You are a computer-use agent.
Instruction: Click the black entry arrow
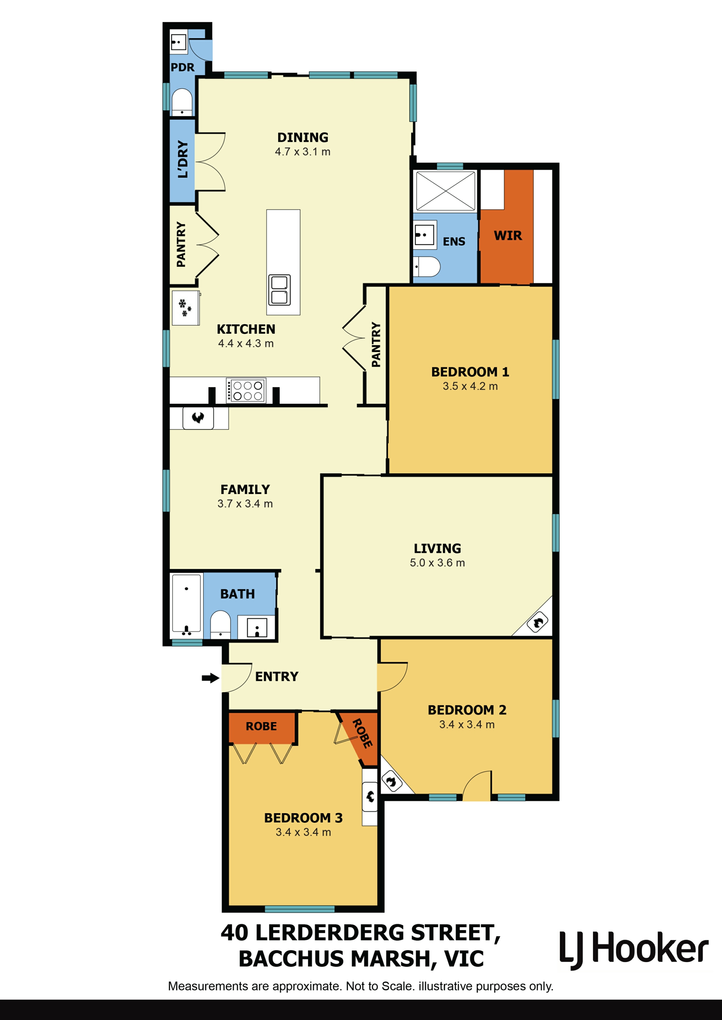coord(210,678)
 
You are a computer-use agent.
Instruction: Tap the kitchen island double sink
coord(279,290)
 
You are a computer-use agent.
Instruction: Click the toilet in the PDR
coord(182,102)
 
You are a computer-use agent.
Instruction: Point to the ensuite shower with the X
coord(446,191)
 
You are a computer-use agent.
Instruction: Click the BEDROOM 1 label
coord(470,372)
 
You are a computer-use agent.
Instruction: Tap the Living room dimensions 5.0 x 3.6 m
coord(437,563)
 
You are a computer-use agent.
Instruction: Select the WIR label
coord(508,236)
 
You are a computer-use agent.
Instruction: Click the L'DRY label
coord(183,159)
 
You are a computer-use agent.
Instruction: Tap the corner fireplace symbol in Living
coord(537,623)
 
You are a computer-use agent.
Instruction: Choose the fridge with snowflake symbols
coord(185,308)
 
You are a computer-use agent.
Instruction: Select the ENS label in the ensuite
coord(454,242)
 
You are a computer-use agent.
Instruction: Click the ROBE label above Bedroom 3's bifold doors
coord(261,726)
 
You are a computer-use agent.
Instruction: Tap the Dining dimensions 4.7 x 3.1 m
coord(303,152)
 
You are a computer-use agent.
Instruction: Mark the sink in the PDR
coord(178,43)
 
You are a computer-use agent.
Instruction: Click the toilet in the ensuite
coord(427,266)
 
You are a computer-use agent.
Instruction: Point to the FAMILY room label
coord(246,490)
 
